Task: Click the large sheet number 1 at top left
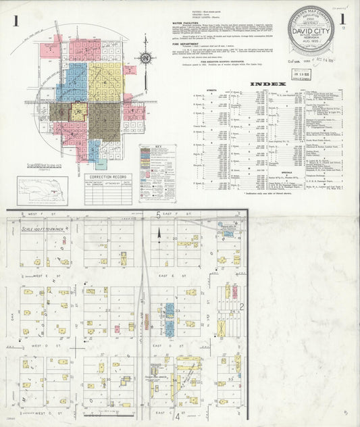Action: click(x=14, y=22)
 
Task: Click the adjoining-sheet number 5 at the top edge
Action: click(x=159, y=215)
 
